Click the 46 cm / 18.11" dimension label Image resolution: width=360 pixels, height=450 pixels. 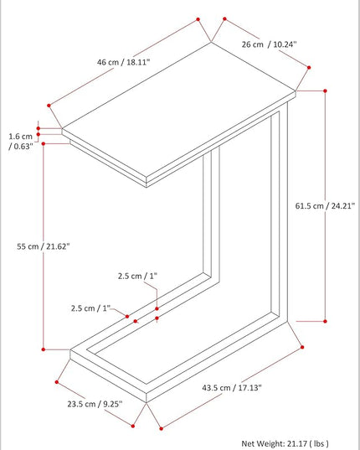point(123,62)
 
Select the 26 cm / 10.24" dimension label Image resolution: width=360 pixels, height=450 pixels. point(269,44)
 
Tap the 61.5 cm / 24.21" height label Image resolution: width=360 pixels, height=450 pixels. point(325,206)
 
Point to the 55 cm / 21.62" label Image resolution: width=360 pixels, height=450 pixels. point(44,246)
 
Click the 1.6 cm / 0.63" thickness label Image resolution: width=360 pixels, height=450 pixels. point(21,141)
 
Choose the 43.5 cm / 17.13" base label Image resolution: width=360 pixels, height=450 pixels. point(232,388)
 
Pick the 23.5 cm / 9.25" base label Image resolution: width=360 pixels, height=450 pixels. point(95,404)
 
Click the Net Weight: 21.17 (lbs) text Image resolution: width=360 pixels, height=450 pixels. point(285,443)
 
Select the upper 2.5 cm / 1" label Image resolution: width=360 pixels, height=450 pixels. point(137,276)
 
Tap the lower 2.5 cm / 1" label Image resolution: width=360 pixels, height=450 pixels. point(90,308)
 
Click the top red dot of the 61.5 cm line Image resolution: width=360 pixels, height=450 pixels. point(325,91)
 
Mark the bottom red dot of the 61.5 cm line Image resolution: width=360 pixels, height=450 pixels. point(325,321)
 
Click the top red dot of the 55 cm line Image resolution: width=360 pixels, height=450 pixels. point(44,143)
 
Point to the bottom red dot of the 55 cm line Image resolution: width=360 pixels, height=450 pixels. point(44,349)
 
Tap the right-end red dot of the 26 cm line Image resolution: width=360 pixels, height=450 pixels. point(309,67)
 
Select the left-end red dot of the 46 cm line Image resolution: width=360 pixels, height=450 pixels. point(49,106)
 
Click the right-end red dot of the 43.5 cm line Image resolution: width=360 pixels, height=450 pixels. point(302,347)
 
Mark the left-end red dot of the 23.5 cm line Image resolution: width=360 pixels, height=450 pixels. point(57,382)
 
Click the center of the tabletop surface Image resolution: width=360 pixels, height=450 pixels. point(179,110)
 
